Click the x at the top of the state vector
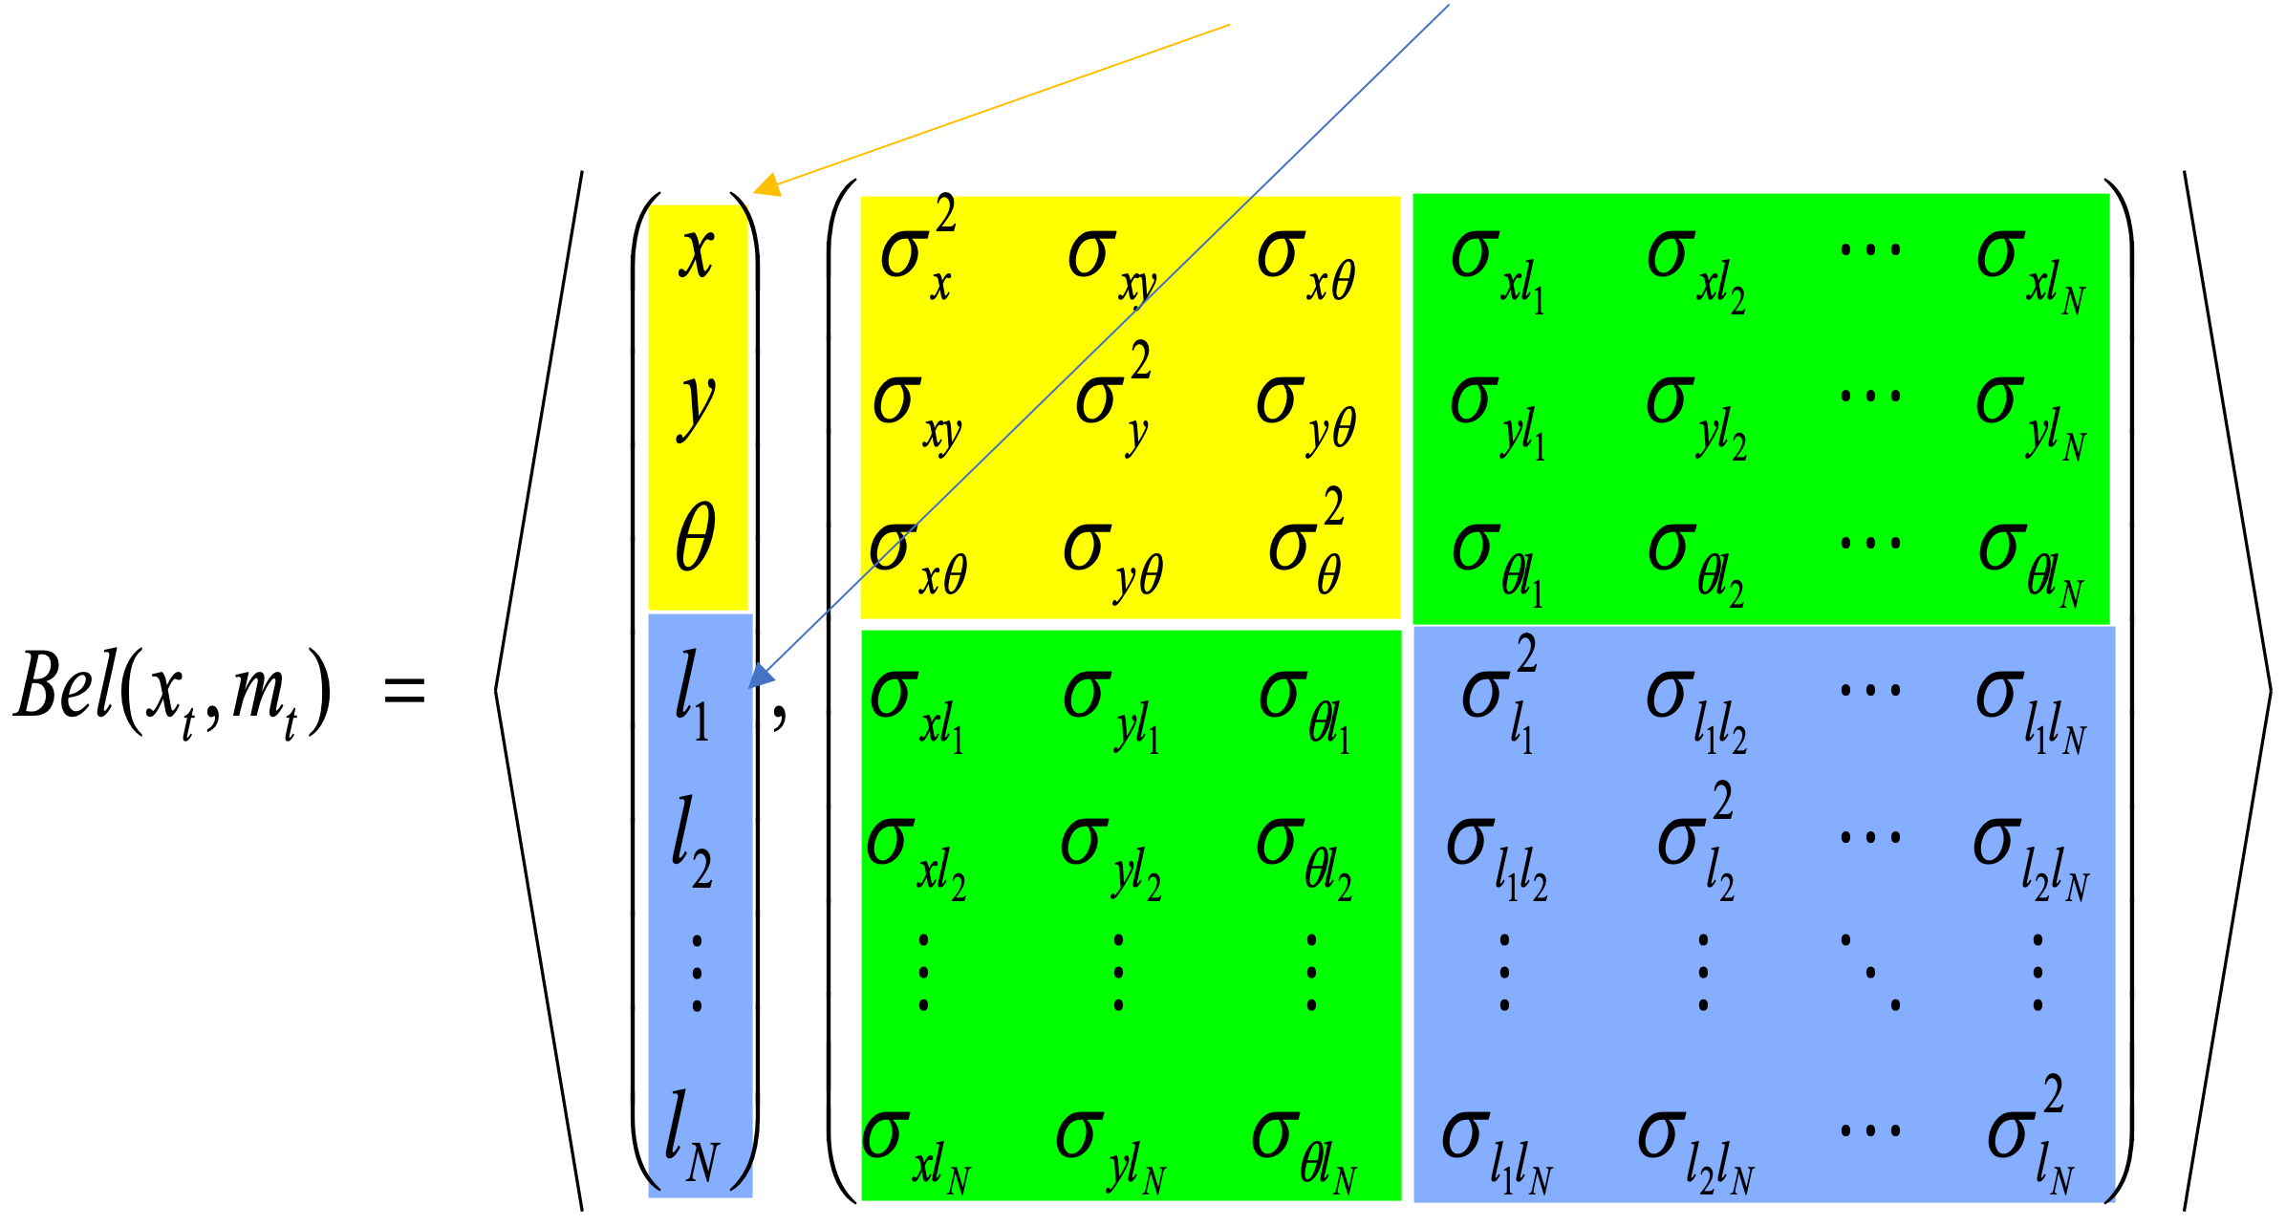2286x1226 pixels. (x=697, y=254)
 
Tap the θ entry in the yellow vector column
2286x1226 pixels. (x=696, y=538)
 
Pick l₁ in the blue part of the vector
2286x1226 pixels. (x=692, y=696)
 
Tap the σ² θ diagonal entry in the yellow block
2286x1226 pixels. (x=1307, y=542)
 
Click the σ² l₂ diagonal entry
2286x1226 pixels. (x=1696, y=841)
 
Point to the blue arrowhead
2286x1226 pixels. (x=761, y=676)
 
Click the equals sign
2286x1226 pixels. (x=404, y=689)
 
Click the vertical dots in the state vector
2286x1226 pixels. (x=698, y=974)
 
